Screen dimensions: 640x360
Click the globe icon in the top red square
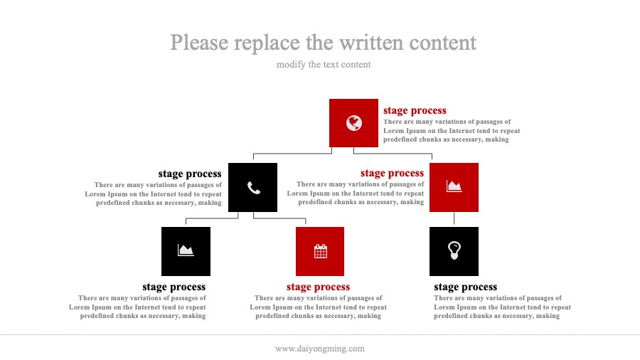(354, 123)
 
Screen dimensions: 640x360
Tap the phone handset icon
(253, 188)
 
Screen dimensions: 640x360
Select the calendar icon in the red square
(321, 251)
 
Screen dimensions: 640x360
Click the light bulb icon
(454, 250)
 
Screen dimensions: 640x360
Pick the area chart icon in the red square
(454, 186)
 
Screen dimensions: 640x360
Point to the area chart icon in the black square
(186, 250)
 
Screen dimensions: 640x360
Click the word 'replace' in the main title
(267, 43)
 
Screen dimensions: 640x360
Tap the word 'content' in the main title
(442, 43)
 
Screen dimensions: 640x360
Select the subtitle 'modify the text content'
(324, 65)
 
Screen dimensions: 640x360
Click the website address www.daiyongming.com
(319, 349)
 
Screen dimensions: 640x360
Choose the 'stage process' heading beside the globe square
(415, 110)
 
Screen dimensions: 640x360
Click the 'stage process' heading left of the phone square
(190, 174)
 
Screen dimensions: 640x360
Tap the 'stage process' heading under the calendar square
(318, 287)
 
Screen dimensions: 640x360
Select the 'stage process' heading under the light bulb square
(465, 287)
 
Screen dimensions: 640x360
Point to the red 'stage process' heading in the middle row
(393, 173)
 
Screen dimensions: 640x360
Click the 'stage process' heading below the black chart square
(174, 287)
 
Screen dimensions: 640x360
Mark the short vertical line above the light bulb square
(454, 218)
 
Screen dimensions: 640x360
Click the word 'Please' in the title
(199, 43)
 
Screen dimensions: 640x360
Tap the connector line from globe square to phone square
(293, 154)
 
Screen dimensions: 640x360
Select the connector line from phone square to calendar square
(279, 218)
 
